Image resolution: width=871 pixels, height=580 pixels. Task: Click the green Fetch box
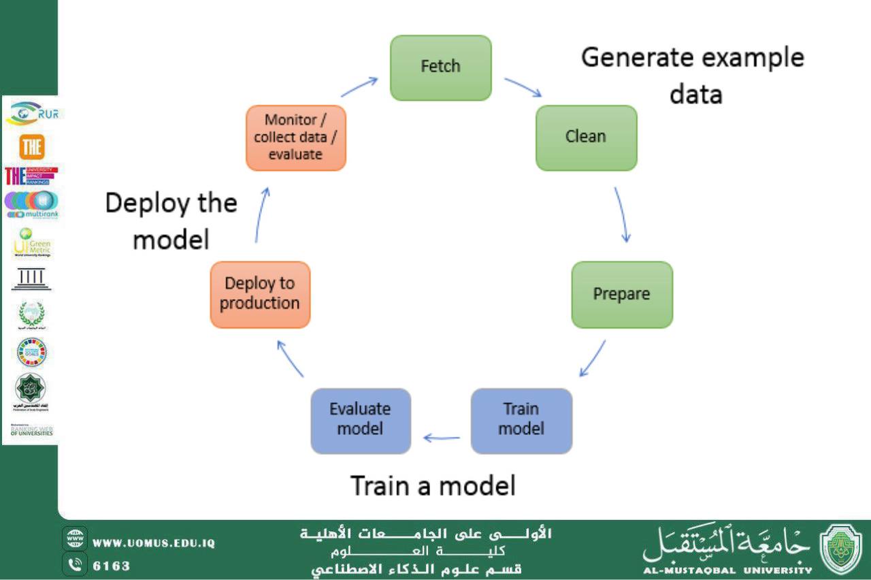click(x=440, y=67)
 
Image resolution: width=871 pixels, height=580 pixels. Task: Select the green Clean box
click(x=586, y=137)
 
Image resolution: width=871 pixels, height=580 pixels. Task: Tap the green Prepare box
click(x=621, y=294)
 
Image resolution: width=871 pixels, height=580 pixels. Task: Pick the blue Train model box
click(x=521, y=420)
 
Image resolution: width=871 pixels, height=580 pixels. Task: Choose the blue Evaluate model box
click(x=361, y=420)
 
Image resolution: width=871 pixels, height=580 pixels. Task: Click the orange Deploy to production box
click(x=260, y=294)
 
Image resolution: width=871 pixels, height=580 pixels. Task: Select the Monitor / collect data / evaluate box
click(x=295, y=137)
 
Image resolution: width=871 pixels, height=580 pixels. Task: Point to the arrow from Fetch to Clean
click(x=523, y=87)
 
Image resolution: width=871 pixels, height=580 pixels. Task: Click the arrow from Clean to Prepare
click(x=622, y=214)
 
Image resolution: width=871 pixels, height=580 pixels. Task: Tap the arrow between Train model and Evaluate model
click(x=441, y=438)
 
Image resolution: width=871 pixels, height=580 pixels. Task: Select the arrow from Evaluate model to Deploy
click(x=291, y=359)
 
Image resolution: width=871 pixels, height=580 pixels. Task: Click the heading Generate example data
click(x=693, y=74)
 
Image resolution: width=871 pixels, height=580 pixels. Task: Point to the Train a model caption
click(x=433, y=486)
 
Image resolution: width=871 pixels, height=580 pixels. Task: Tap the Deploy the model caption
click(x=171, y=221)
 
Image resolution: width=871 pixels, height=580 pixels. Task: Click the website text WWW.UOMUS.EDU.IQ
click(x=154, y=543)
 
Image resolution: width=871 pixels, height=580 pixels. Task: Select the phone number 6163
click(x=112, y=566)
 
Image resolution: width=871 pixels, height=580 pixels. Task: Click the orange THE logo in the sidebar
click(x=31, y=146)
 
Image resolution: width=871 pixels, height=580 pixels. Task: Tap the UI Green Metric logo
click(x=31, y=243)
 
